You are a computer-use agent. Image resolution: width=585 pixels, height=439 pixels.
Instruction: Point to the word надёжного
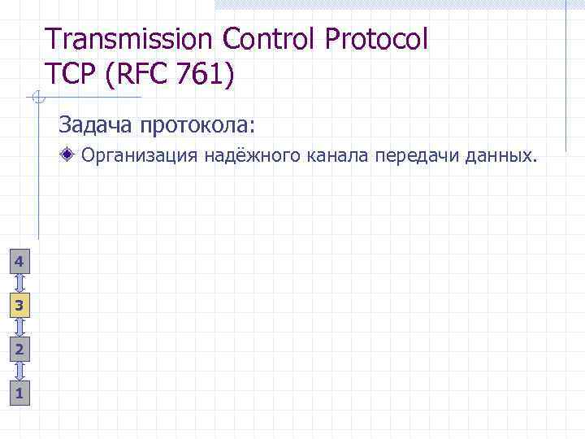(253, 154)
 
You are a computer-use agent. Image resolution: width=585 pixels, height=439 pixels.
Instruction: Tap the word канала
(339, 154)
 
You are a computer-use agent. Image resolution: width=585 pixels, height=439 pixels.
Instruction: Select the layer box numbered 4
(19, 261)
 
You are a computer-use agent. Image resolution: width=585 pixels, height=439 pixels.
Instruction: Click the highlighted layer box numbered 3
(19, 306)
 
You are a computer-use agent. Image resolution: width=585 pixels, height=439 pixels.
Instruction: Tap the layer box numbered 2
(19, 350)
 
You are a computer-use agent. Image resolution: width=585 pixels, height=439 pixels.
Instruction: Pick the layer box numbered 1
(19, 393)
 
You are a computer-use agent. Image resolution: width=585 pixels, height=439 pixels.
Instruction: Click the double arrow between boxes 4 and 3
(19, 283)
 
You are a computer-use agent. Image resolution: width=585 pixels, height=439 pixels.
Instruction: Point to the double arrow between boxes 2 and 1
(19, 372)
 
